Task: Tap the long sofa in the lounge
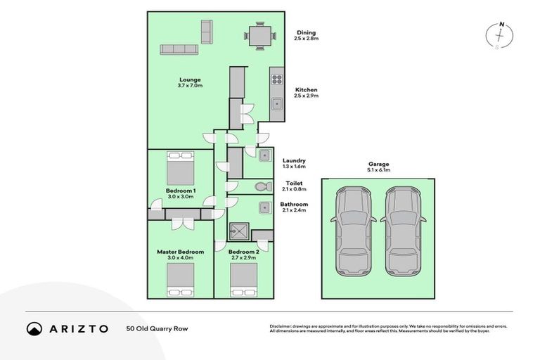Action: coord(179,49)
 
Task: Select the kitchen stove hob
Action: coord(277,79)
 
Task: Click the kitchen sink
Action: coord(277,105)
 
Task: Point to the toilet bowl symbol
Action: coord(261,186)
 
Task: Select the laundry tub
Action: coord(264,155)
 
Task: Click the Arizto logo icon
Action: coord(34,328)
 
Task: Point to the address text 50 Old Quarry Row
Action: coord(157,328)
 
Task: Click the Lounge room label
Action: coord(190,79)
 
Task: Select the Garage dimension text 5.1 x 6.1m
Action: coord(378,169)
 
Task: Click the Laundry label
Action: coord(293,160)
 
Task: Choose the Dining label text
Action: coord(305,32)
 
